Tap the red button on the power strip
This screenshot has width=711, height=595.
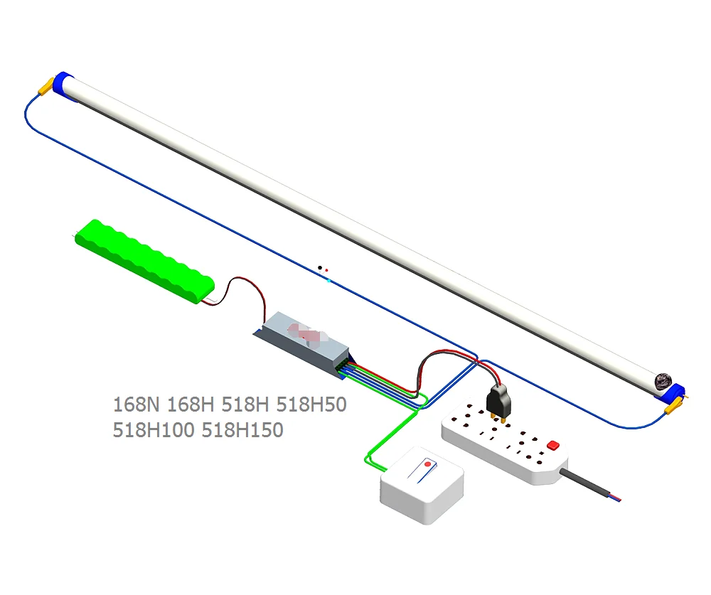click(x=552, y=445)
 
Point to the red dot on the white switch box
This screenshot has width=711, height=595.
click(x=427, y=464)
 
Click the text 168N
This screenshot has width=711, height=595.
click(x=137, y=405)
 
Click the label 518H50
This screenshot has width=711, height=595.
click(x=311, y=405)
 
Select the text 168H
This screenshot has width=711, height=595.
click(x=190, y=405)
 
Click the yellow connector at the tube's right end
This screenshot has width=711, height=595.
click(x=673, y=407)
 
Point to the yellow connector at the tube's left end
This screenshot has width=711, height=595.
click(x=46, y=87)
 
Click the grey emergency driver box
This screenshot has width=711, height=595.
click(x=302, y=341)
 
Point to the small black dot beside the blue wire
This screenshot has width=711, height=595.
click(x=319, y=267)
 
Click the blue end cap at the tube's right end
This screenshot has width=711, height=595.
click(x=677, y=392)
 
